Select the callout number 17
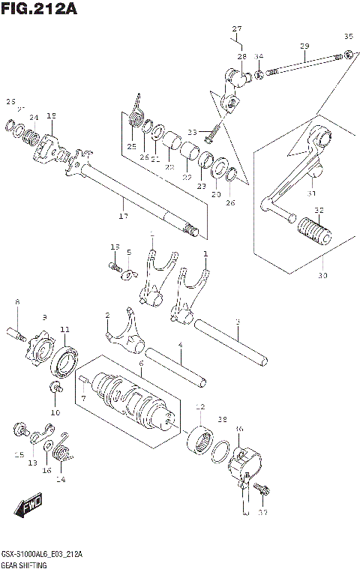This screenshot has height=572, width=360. tap(123, 217)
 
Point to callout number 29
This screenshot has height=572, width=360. tap(304, 46)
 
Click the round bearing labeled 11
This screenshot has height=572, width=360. tap(64, 361)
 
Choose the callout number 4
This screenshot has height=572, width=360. tap(180, 345)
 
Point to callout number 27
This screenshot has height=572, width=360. tap(237, 29)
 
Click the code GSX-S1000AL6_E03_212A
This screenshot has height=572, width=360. tap(42, 554)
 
